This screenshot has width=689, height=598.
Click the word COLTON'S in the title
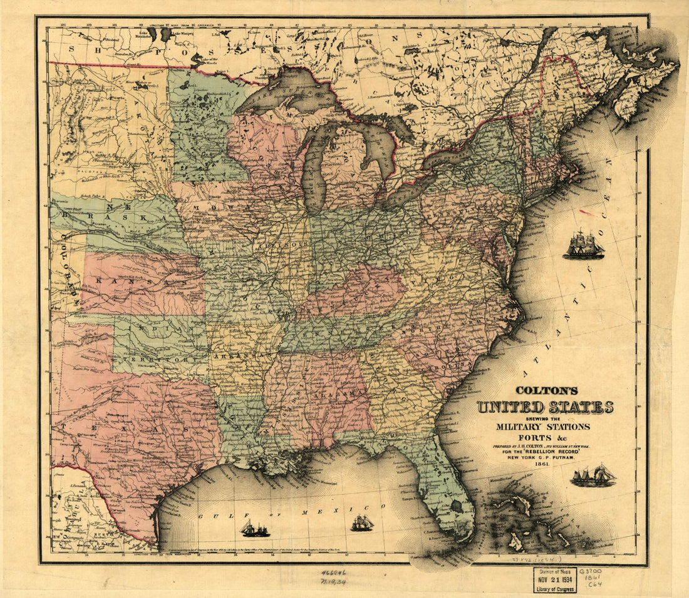[543, 389]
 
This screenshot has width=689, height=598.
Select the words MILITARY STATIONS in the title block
[543, 427]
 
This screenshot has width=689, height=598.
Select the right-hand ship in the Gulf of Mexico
[362, 523]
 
